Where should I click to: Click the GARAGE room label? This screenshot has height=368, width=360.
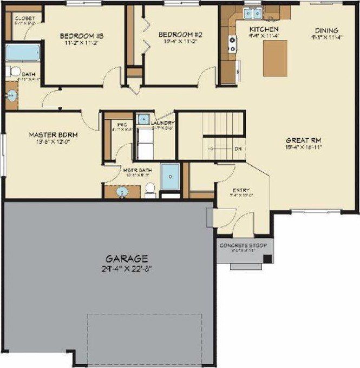(x=127, y=259)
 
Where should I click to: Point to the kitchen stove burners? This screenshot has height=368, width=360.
(x=232, y=44)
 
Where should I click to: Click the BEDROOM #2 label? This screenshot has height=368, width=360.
(x=180, y=35)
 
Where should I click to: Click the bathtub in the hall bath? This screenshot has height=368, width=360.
(x=22, y=53)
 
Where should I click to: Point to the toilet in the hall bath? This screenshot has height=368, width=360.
(x=14, y=72)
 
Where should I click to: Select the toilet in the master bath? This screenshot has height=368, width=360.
(x=150, y=189)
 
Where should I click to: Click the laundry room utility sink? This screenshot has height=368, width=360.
(x=143, y=119)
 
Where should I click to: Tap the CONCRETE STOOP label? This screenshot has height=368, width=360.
(x=244, y=246)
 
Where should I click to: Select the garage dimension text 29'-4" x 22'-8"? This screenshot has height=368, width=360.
(x=127, y=268)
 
